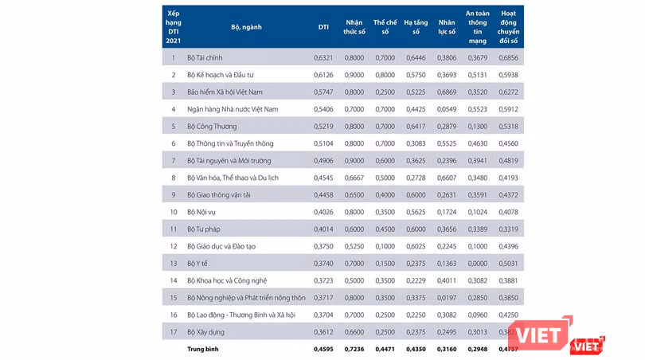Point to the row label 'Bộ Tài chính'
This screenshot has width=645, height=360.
pos(205,57)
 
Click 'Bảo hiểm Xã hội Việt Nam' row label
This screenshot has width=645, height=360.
pos(225,92)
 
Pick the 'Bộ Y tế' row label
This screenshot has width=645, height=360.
pos(199,263)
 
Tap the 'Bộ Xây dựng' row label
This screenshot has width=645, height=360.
pos(206,331)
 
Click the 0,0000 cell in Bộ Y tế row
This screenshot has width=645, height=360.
pos(475,263)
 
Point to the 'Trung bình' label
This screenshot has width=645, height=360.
pos(203,349)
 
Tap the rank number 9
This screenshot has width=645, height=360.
pos(173,194)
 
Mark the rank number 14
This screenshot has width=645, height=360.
pos(173,280)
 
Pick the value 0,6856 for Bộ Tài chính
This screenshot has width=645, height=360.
pos(506,57)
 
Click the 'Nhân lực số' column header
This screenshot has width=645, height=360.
pos(446,26)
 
